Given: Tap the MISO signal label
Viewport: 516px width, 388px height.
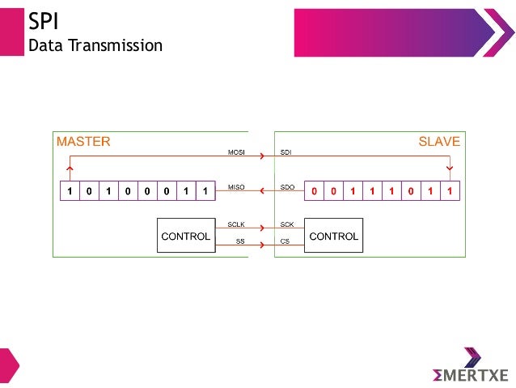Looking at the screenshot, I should (x=235, y=187).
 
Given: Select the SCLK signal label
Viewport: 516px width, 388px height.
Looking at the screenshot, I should (x=235, y=223).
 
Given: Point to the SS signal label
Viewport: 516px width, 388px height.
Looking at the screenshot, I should (x=239, y=241).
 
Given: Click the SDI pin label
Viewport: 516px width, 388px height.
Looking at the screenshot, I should (x=285, y=152).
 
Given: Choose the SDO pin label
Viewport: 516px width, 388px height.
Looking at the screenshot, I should (x=287, y=187).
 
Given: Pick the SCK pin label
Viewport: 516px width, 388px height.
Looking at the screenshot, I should (x=287, y=223).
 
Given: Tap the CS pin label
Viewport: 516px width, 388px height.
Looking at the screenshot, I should (x=285, y=241).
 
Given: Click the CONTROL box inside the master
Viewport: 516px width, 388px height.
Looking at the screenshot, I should (x=186, y=236).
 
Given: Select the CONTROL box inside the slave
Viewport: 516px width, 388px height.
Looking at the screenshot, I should (x=333, y=236).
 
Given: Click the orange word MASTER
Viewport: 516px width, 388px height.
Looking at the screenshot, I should (x=83, y=142).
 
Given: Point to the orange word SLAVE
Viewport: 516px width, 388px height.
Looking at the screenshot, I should (x=439, y=142).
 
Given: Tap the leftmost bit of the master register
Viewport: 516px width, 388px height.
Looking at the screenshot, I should (x=70, y=191).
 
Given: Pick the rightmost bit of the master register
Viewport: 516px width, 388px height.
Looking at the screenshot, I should (x=206, y=191).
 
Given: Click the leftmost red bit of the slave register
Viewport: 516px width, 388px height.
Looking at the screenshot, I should (x=314, y=191).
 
